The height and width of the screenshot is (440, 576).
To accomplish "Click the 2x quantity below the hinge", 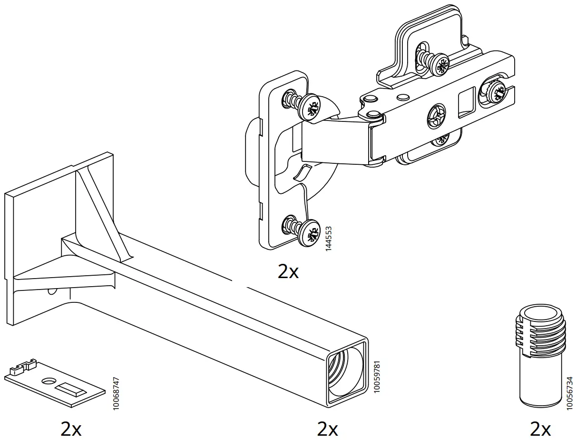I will [x=288, y=271].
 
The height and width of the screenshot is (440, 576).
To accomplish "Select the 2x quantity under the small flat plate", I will [x=71, y=429].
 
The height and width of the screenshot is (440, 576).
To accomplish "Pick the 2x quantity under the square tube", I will [x=327, y=429].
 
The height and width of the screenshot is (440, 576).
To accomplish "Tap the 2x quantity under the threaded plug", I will [x=540, y=429].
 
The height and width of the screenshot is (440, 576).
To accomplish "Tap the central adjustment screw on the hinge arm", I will [x=436, y=115].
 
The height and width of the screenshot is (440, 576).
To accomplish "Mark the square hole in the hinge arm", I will [x=465, y=101].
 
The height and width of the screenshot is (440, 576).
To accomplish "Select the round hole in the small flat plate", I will [x=48, y=381].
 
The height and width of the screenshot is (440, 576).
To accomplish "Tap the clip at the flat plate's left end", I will [x=24, y=365].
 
